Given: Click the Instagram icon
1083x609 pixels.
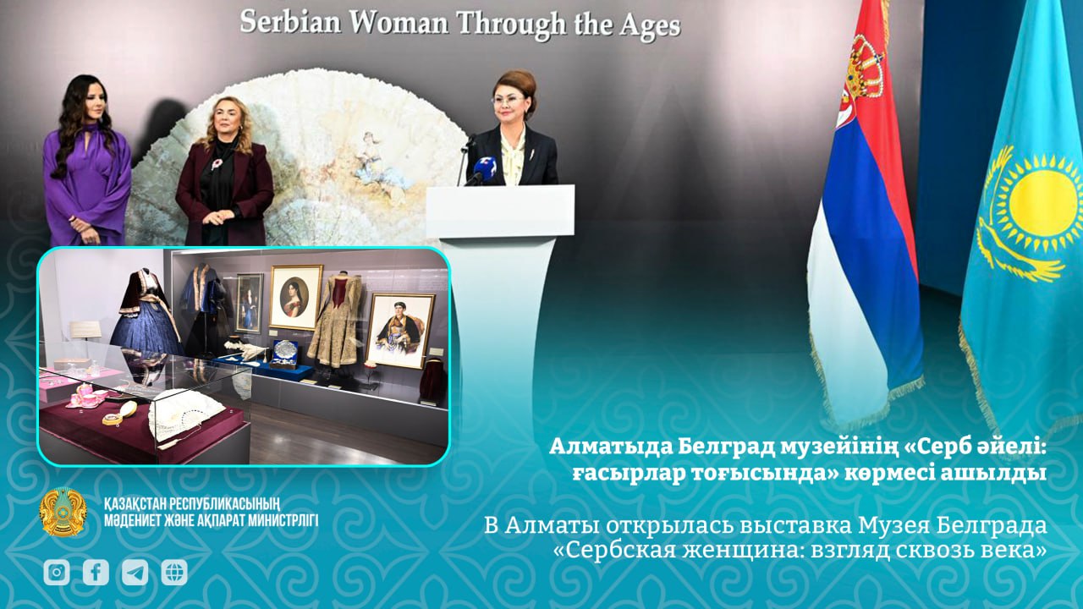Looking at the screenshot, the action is coord(57,573).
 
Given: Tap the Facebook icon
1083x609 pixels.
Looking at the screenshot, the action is coord(96,573).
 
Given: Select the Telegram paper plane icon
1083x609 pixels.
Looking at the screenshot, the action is coord(135,573).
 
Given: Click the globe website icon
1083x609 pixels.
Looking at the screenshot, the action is coord(174,573).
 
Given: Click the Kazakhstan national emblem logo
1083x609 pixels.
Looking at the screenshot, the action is coord(63,512).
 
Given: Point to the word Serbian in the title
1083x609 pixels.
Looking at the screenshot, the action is coord(290,22).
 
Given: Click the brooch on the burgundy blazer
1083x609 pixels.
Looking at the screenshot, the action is coord(217,163).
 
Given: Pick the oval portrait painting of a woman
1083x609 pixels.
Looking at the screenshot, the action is coord(295,297).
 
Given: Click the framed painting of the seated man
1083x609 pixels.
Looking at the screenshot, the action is coord(400,330).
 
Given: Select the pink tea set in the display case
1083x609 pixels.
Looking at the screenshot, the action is coord(87,395).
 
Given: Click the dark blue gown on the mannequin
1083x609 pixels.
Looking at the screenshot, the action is coord(145,316).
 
